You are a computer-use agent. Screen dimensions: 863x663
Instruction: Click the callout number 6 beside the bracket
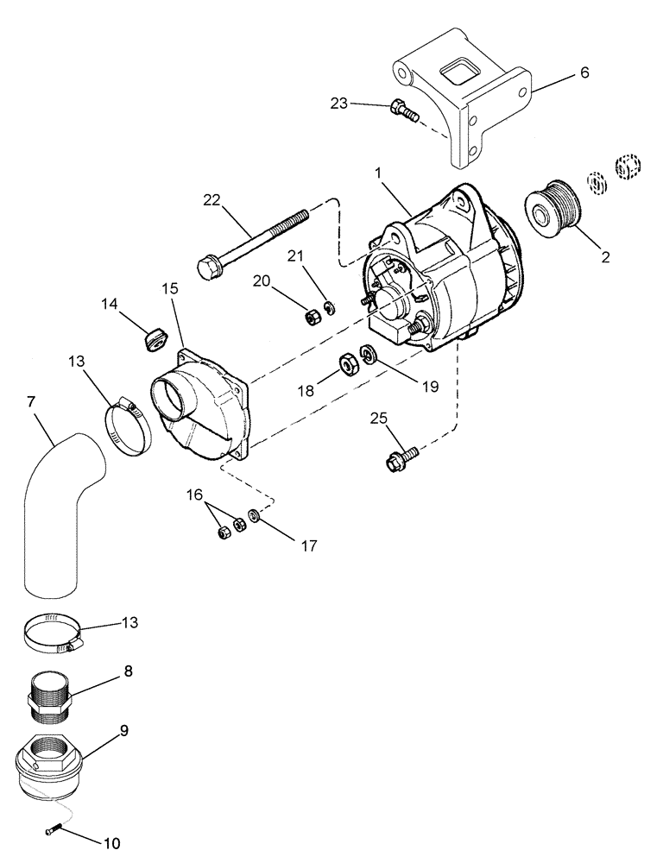coord(584,73)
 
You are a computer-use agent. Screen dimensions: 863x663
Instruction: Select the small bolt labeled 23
coord(403,110)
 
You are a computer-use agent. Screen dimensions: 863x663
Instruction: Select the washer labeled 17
coord(255,516)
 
